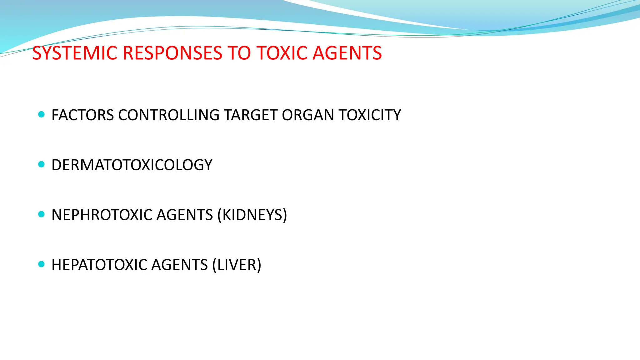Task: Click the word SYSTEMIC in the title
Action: (x=75, y=53)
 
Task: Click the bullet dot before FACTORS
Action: (x=41, y=114)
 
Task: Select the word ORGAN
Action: (x=308, y=115)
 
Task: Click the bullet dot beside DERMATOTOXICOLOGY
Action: (x=41, y=164)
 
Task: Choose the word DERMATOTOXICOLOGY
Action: (x=132, y=165)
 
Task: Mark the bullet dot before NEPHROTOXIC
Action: (x=41, y=214)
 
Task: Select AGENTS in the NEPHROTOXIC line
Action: (x=185, y=215)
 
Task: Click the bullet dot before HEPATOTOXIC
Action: (x=41, y=264)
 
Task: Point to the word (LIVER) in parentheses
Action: (x=237, y=265)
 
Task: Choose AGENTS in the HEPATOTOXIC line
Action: (x=179, y=265)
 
